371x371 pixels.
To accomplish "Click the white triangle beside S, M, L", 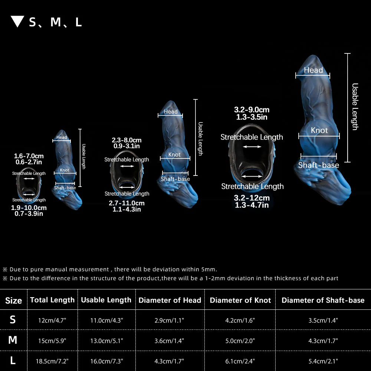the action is [x=17, y=21].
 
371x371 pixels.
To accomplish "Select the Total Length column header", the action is [x=52, y=300].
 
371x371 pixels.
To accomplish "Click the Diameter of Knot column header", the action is [x=240, y=300].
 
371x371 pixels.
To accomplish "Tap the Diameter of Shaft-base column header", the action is [x=323, y=300].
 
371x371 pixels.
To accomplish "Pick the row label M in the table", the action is [x=13, y=340].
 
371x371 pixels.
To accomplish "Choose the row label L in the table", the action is [x=13, y=361].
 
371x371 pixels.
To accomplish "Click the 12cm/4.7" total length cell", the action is [x=52, y=321].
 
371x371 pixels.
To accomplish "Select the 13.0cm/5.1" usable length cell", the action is [x=107, y=341].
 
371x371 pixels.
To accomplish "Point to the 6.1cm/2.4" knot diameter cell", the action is [x=240, y=361].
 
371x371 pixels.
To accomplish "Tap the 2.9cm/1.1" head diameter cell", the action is [x=169, y=321].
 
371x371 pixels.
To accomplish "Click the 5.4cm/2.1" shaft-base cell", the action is [x=323, y=361].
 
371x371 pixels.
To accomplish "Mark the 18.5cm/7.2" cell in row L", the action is [x=52, y=361].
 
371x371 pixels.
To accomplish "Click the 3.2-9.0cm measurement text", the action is [x=252, y=110].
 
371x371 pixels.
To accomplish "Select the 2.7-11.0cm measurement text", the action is [x=127, y=203].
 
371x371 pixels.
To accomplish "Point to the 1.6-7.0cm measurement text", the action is [x=29, y=156].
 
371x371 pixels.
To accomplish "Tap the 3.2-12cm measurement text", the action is [x=252, y=198].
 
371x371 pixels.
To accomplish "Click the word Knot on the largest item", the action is [x=319, y=130].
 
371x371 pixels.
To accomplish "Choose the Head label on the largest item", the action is [x=313, y=70].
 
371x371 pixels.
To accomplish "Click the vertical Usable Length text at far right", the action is [x=355, y=107].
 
